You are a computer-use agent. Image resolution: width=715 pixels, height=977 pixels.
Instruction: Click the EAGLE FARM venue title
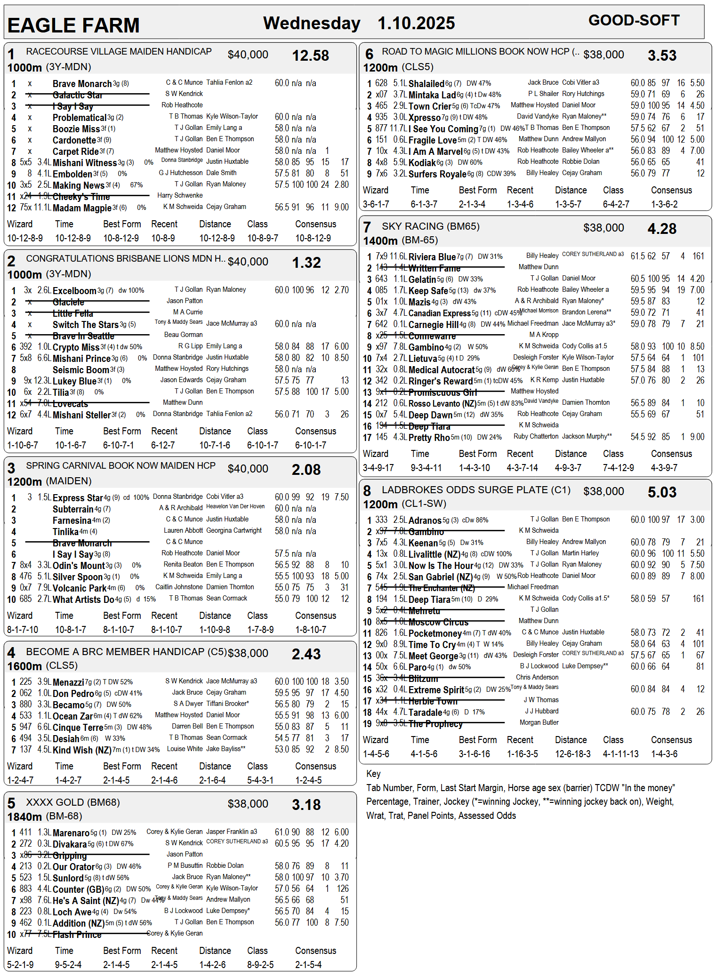click(x=73, y=25)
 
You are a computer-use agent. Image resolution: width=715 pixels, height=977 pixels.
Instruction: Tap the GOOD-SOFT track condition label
click(x=634, y=21)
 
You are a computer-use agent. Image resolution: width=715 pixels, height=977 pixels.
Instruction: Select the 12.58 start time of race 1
click(x=310, y=56)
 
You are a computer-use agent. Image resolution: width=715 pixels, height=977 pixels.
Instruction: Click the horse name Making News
click(x=79, y=185)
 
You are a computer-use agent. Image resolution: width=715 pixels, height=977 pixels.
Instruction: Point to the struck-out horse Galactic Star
click(x=78, y=95)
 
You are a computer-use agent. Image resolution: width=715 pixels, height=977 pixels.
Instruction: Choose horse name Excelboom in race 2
click(x=74, y=291)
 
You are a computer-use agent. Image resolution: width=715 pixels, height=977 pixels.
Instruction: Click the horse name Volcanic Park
click(x=80, y=588)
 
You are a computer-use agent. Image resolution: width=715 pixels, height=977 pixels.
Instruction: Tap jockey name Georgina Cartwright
click(x=234, y=530)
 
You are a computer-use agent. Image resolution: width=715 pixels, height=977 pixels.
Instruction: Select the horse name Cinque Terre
click(x=80, y=728)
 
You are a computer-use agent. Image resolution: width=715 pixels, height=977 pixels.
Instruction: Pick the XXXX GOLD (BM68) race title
click(x=73, y=802)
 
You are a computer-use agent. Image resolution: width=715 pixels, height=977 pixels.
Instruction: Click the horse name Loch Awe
click(x=72, y=912)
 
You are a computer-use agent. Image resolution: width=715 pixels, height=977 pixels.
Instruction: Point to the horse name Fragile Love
click(x=432, y=140)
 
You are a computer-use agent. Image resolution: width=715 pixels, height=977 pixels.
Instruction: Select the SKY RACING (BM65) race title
click(x=431, y=226)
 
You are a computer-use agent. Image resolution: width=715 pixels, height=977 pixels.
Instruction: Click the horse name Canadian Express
click(x=439, y=313)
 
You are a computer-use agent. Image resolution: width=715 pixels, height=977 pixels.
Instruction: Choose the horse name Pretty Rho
click(x=429, y=438)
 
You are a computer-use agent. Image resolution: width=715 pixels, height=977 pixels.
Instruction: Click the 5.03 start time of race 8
click(x=662, y=493)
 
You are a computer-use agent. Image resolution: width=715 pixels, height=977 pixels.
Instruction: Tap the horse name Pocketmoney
click(x=435, y=633)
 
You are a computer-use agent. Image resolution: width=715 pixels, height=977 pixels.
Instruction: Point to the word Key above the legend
click(x=373, y=774)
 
